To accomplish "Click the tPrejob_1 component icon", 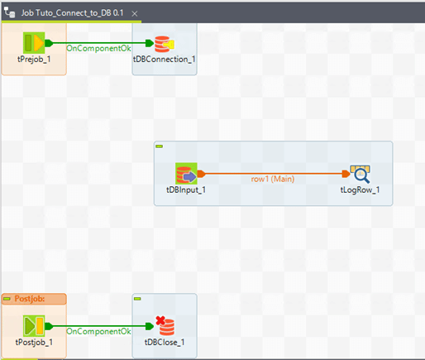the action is (34, 43).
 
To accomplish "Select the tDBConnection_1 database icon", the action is (165, 44).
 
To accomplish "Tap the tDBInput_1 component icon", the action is (186, 174).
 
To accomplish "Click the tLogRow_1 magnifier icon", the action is (361, 174).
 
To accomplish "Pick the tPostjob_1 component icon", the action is (34, 326).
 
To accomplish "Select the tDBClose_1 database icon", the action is (165, 326).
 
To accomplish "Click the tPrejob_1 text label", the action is (34, 60).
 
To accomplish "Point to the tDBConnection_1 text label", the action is (165, 60).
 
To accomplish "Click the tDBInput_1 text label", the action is (186, 190).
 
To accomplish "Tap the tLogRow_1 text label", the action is (360, 190).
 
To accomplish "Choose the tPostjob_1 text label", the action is (34, 343).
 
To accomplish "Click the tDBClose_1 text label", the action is (165, 343).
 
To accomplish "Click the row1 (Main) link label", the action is (273, 179).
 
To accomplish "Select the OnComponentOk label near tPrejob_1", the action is (98, 48).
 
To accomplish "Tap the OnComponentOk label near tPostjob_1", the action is (98, 331).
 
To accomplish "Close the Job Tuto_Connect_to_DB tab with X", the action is (135, 13).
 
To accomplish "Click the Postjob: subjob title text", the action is (30, 299).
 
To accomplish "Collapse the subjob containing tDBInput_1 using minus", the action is (160, 146).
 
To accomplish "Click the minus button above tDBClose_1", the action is (137, 299).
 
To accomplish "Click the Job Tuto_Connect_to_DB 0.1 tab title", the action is (73, 13).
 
